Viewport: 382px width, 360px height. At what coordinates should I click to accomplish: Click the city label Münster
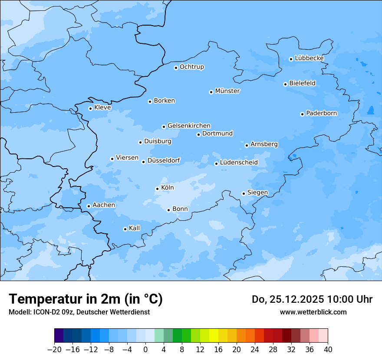227,91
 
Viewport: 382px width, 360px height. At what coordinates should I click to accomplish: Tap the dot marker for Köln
157,189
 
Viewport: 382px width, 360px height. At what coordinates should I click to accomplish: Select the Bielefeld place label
303,83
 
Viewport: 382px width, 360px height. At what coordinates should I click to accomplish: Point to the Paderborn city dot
302,114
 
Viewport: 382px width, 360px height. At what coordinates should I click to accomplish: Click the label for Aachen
104,205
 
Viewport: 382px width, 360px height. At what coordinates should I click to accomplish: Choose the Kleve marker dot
90,108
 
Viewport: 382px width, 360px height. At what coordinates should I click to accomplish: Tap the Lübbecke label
309,58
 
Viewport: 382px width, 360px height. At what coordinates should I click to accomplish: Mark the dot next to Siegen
244,193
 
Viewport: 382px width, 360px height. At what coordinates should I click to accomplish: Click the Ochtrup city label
192,67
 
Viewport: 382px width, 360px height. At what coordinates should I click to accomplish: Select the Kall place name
135,228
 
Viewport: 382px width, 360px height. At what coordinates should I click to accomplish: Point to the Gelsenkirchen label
189,126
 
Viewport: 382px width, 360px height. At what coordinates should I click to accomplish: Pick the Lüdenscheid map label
239,163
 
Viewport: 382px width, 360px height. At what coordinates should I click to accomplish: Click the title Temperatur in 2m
86,299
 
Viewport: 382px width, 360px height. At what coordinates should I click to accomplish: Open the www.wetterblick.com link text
313,312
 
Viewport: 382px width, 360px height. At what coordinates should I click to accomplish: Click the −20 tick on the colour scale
55,350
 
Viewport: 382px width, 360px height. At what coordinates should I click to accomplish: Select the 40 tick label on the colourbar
328,350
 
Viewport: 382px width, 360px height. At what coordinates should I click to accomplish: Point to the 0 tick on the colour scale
145,350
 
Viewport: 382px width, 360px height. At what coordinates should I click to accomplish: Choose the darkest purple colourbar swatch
59,336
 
